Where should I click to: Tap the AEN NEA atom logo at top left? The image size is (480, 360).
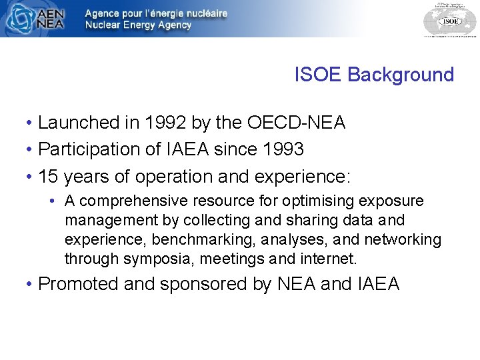[19, 19]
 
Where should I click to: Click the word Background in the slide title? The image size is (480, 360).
[401, 75]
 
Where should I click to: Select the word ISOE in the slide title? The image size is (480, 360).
[318, 75]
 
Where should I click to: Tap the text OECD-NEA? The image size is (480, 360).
[296, 123]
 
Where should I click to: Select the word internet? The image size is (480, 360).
[331, 259]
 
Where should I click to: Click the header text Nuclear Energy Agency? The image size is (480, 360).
[138, 25]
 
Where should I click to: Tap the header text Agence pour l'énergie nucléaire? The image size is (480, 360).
[156, 13]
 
